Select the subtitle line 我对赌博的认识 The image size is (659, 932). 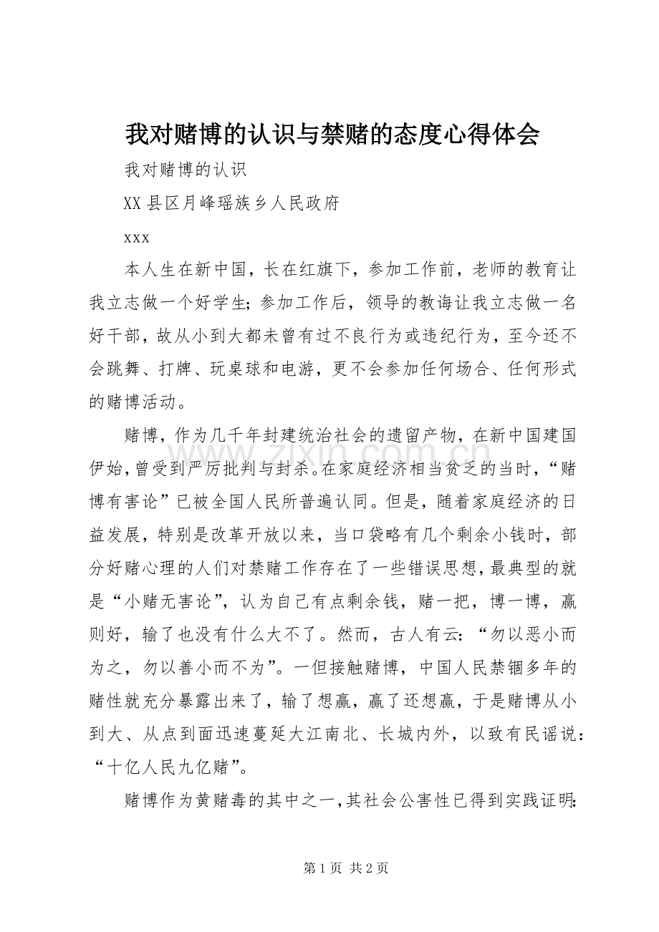point(186,170)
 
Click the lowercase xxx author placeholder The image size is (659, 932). point(137,237)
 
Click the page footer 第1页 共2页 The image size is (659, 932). point(346,868)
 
